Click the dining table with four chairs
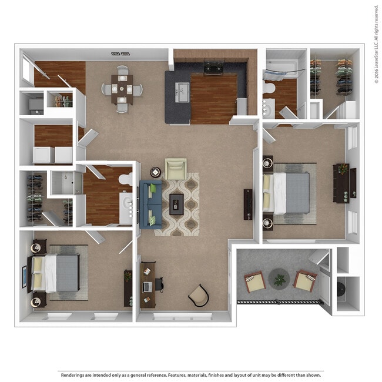[122, 89]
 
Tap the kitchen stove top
[212, 68]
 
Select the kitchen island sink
[182, 92]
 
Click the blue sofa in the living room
[150, 204]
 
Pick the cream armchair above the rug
[175, 169]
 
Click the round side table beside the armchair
[156, 172]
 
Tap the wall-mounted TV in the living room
[248, 204]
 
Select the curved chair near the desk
[199, 295]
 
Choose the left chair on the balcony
[254, 282]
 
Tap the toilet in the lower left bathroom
[125, 178]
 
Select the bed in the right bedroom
[289, 193]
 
